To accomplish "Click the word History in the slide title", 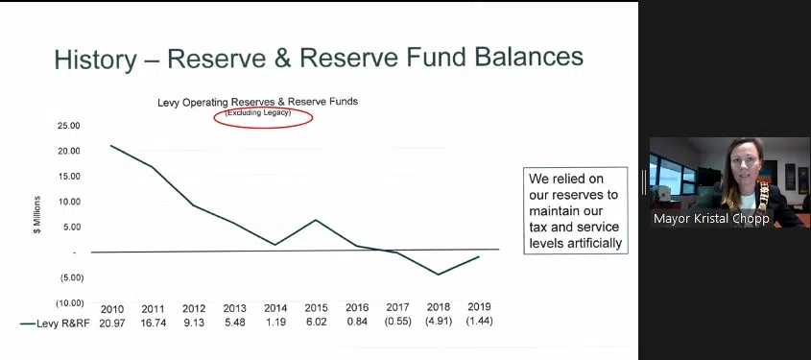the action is (x=96, y=59).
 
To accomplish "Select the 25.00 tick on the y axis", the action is (x=70, y=126).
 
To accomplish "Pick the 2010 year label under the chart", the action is (x=112, y=309).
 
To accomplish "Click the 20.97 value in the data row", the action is (x=112, y=323).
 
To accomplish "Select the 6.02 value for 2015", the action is (x=316, y=322).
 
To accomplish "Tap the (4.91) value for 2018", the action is (x=439, y=322).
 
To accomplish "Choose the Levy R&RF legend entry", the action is (x=55, y=324).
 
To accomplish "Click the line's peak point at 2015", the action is (x=316, y=220).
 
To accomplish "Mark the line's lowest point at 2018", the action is (x=439, y=275).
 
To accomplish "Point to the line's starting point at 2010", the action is (x=111, y=145).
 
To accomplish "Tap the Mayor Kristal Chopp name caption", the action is (x=711, y=219).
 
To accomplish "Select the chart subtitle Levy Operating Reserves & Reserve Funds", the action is (x=257, y=102).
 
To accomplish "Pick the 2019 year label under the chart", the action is (x=479, y=307).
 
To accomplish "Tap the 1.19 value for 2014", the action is (x=275, y=322).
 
